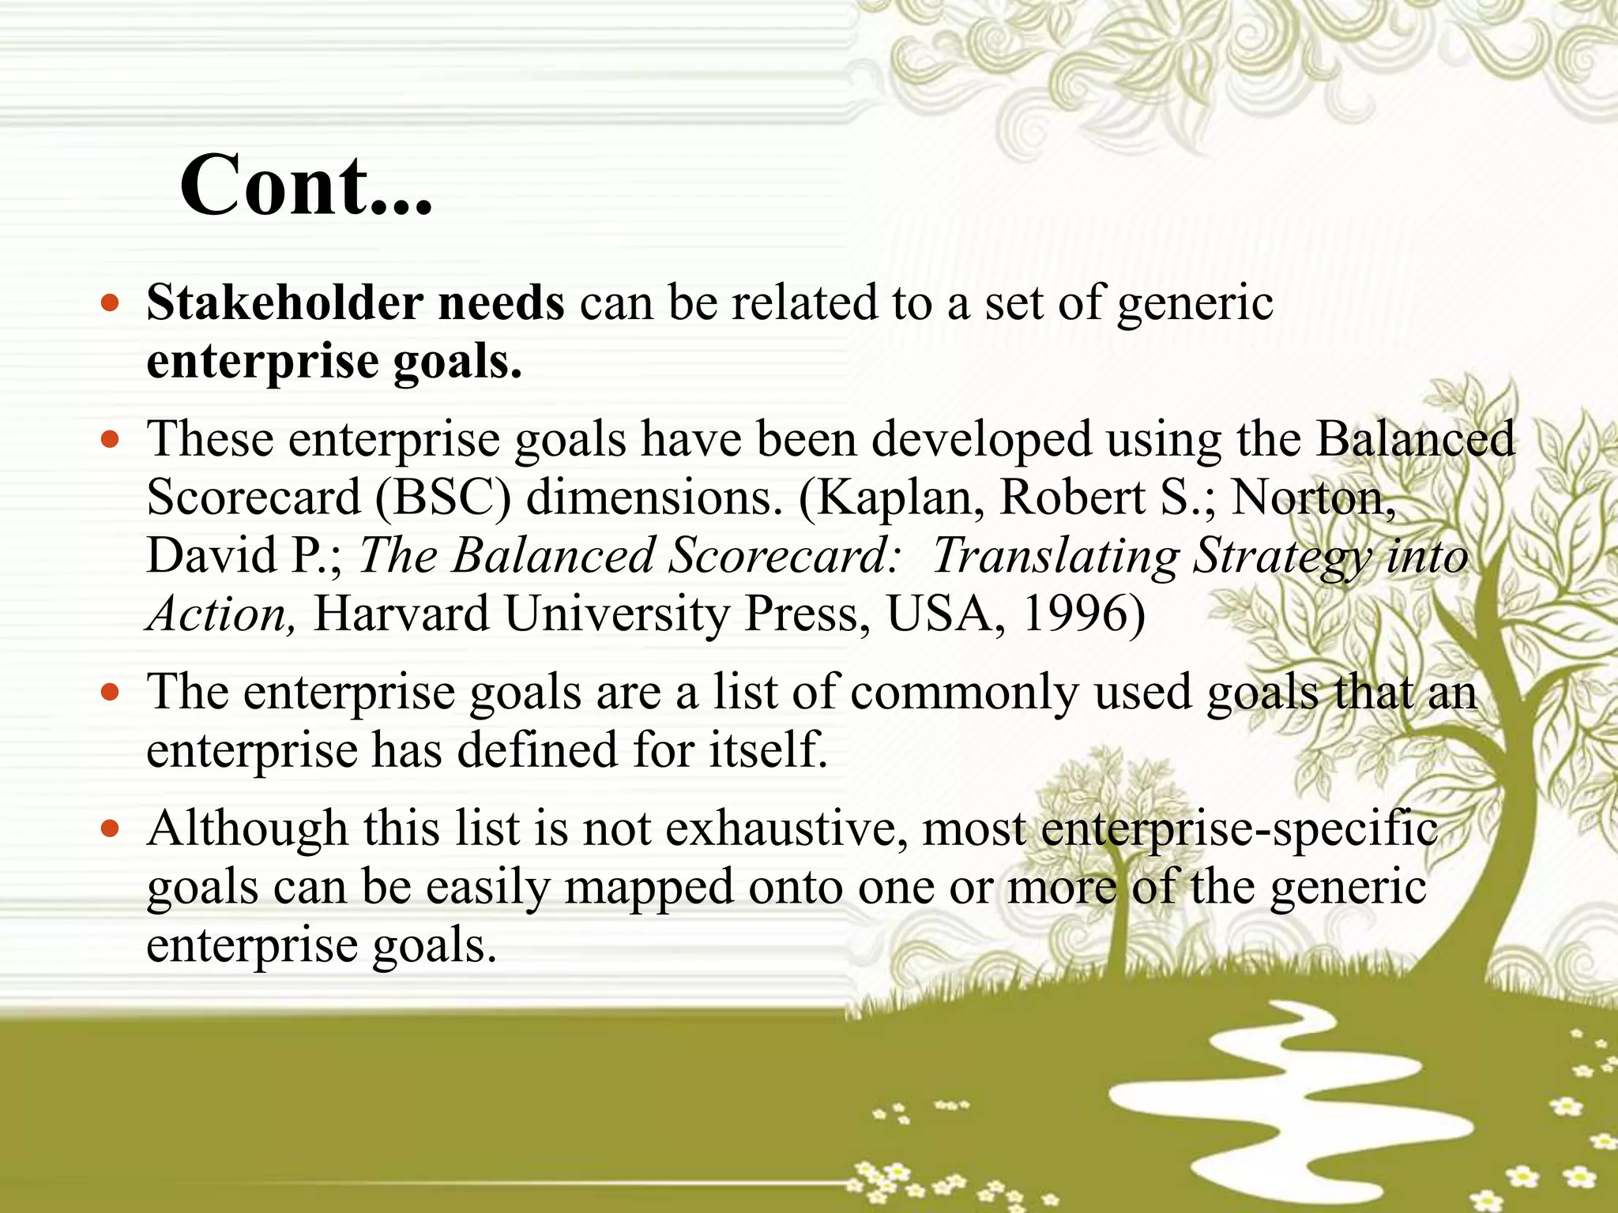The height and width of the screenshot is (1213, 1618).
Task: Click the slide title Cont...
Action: pos(307,186)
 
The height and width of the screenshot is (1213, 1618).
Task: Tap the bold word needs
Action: pos(501,302)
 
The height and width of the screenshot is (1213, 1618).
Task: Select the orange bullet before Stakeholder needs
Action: pos(111,303)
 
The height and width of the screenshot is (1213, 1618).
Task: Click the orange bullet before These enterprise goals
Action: pos(111,439)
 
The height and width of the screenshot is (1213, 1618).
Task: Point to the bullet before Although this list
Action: pos(111,829)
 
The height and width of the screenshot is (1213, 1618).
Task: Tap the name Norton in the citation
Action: pos(1311,498)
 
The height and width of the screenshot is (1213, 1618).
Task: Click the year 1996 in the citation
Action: pos(1082,614)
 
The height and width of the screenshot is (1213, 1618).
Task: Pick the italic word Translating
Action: pos(1055,556)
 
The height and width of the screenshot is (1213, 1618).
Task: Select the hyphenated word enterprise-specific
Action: pos(1239,829)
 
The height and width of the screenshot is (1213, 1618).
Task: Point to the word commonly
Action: pos(964,693)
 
